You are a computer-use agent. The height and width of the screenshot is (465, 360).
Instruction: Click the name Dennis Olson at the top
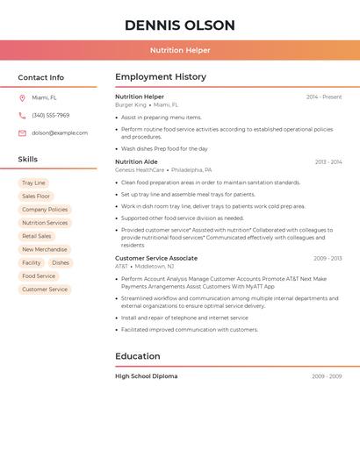(x=180, y=25)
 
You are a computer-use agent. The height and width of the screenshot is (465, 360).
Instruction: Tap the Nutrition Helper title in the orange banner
(x=180, y=50)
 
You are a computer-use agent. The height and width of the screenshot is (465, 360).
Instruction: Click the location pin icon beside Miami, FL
(x=22, y=97)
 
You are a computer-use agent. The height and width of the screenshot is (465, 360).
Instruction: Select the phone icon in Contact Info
(x=22, y=115)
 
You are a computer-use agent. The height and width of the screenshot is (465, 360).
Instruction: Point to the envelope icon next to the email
(x=22, y=133)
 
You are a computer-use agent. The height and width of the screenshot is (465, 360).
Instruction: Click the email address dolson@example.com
(x=60, y=133)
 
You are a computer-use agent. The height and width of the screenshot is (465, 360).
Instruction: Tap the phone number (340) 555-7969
(x=51, y=115)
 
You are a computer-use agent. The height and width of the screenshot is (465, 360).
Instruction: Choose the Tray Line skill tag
(x=33, y=182)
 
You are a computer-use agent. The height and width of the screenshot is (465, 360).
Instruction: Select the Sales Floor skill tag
(x=36, y=197)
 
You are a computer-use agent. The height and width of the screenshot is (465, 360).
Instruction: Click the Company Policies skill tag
(x=45, y=210)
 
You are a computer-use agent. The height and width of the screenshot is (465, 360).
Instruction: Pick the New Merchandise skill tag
(x=45, y=249)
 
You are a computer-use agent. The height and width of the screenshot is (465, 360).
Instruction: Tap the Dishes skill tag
(x=61, y=262)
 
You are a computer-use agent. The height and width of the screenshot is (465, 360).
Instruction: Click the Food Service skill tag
(x=39, y=275)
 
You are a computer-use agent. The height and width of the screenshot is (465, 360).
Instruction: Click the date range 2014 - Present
(x=324, y=97)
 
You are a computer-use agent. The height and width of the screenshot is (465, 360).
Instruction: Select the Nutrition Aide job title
(x=136, y=161)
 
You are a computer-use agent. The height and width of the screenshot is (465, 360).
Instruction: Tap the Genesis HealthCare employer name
(x=140, y=170)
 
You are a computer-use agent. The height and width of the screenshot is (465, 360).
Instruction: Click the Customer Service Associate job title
(x=156, y=258)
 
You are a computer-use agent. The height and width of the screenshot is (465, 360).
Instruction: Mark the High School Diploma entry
(x=146, y=376)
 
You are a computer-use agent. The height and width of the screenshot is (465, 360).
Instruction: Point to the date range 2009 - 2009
(x=327, y=376)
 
